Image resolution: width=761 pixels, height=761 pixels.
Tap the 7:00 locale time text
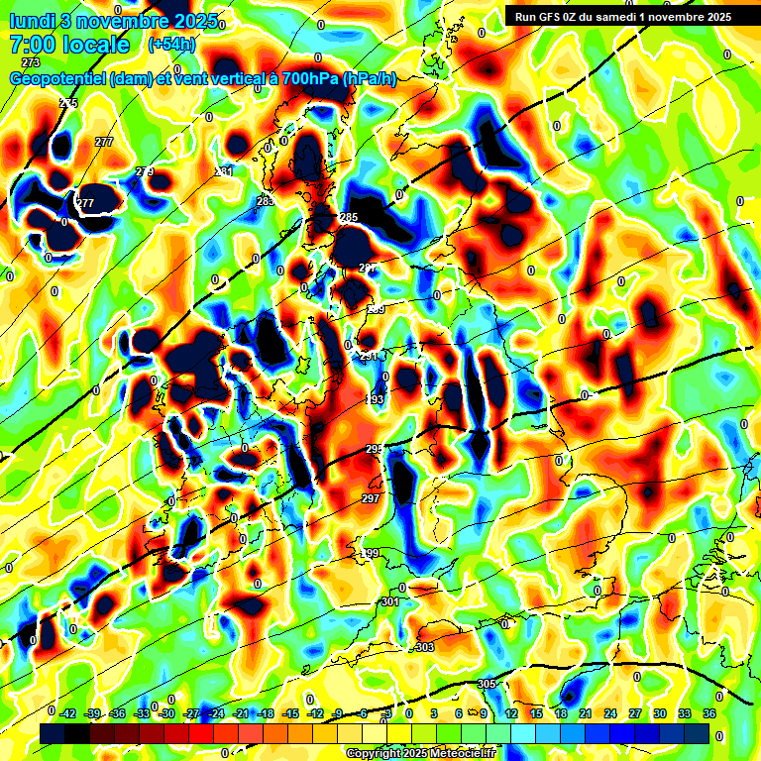[x=70, y=44]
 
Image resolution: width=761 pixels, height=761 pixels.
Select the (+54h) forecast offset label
[x=171, y=45]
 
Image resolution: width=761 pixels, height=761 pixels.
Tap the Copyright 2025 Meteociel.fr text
[x=420, y=754]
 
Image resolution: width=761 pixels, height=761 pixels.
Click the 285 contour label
[x=349, y=217]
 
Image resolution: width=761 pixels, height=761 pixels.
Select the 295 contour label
[x=374, y=449]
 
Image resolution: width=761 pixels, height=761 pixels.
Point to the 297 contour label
[x=371, y=498]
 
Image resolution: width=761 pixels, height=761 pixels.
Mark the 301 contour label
[x=389, y=601]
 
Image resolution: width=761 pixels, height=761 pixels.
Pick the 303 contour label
[x=425, y=647]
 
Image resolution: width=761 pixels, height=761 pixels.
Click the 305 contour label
[x=487, y=685]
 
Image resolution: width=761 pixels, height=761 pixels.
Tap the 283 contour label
[x=265, y=201]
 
